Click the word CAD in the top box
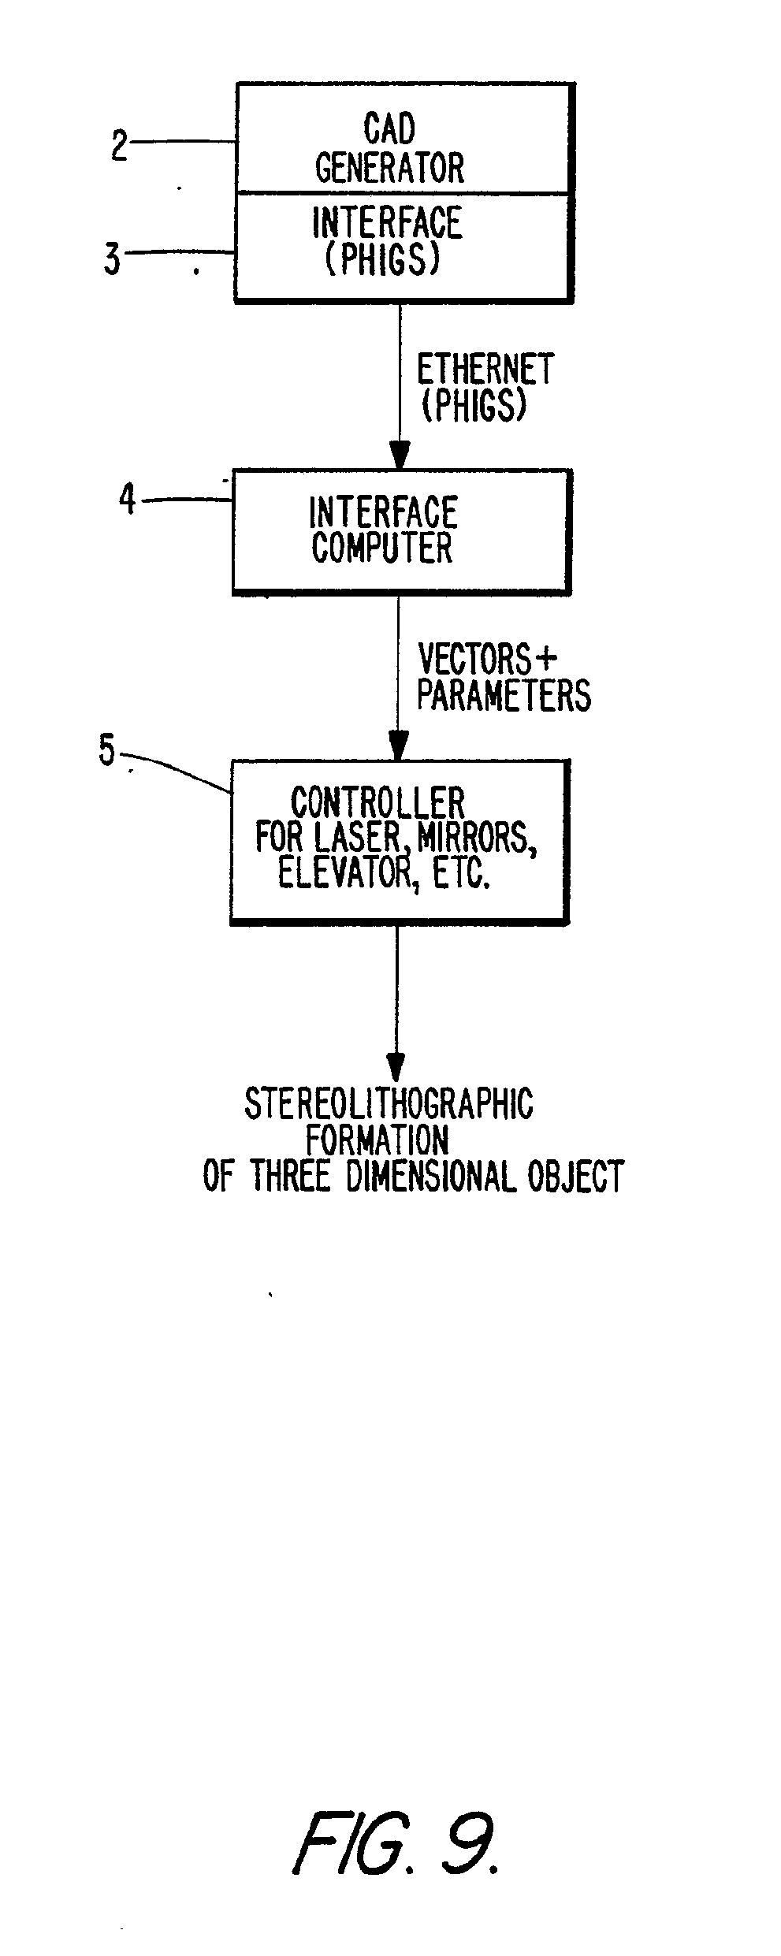pos(389,128)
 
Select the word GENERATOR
pos(389,167)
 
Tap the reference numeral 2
pos(119,145)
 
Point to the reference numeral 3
pos(113,259)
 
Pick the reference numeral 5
pos(106,751)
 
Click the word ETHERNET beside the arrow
pos(485,370)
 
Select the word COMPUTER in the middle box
pos(382,548)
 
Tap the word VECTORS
pos(474,659)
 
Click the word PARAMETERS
pos(504,695)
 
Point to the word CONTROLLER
pos(377,803)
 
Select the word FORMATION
pos(377,1140)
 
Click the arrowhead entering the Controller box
pos(398,746)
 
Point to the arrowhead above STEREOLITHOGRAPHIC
pos(396,1067)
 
